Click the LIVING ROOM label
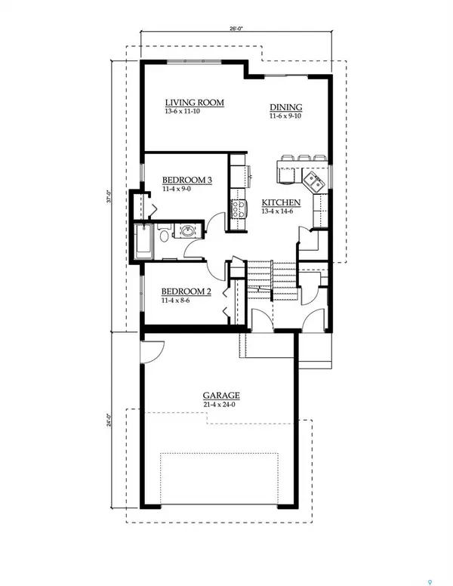[x=194, y=103]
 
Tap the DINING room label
[x=285, y=107]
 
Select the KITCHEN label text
[x=282, y=202]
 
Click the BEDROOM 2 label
[x=185, y=290]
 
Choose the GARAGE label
[x=221, y=395]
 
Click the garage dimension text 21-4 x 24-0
[x=221, y=404]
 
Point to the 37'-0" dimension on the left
[x=110, y=198]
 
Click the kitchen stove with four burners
[x=239, y=208]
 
